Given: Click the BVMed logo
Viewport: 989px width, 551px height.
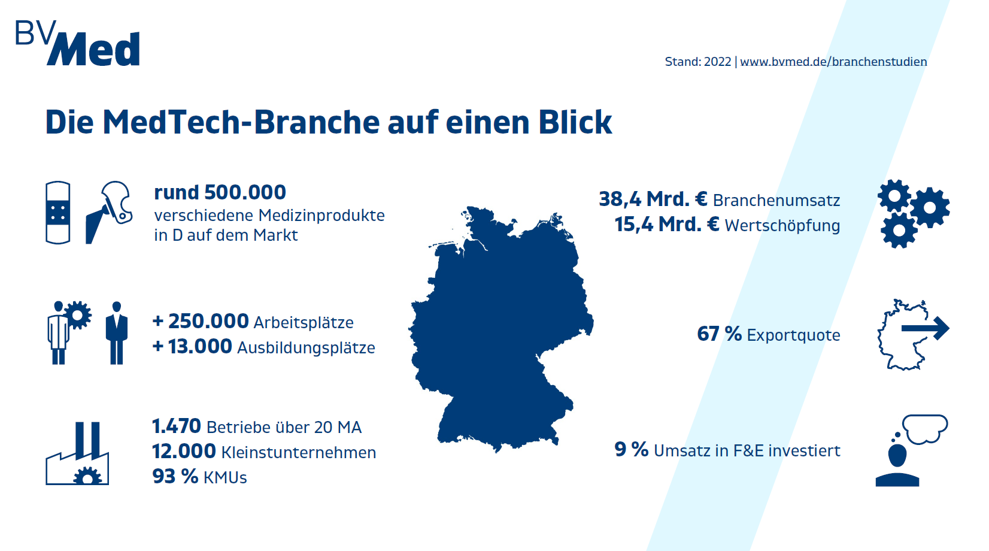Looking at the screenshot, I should [x=78, y=43].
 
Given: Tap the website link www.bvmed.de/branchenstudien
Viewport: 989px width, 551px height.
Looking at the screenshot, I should [x=833, y=62].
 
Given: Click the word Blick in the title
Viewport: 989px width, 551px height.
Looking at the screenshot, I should [x=575, y=122].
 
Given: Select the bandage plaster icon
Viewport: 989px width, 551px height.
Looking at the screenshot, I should [x=58, y=213].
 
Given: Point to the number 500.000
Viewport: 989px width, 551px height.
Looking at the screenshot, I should [x=245, y=192].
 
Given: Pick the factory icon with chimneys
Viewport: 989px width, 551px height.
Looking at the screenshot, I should [x=78, y=455].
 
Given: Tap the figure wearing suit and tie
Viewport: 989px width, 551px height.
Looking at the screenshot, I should [x=117, y=333].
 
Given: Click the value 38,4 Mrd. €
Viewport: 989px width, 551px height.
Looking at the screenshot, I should [x=653, y=199].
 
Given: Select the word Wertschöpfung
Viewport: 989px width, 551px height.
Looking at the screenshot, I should [x=782, y=226].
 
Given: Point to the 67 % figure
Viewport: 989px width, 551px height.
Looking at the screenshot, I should [x=719, y=334].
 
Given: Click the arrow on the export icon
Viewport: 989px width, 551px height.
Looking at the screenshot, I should [x=926, y=328].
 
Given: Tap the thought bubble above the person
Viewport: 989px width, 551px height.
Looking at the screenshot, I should [x=925, y=428].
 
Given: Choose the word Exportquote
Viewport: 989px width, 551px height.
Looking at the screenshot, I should [x=793, y=335].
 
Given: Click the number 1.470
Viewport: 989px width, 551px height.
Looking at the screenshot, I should [x=177, y=426].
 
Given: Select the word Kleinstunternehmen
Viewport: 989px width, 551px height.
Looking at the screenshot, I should [x=299, y=452].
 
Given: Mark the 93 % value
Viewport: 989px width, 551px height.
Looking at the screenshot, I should [x=175, y=477].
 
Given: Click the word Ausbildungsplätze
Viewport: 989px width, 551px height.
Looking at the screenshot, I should [x=306, y=347].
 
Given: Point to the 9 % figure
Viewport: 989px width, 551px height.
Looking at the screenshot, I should [x=631, y=449].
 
